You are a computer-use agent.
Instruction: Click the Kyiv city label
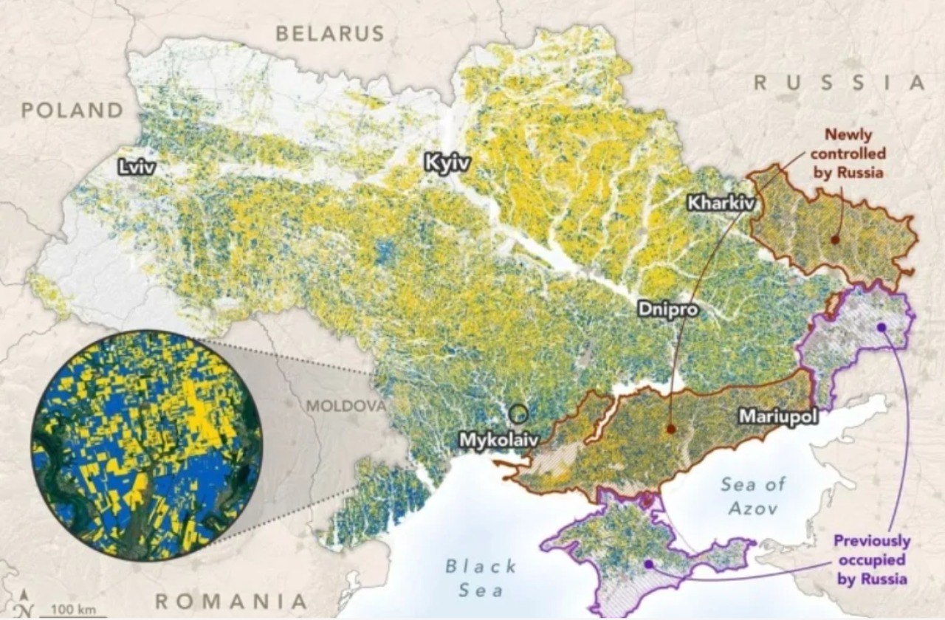[x=447, y=163]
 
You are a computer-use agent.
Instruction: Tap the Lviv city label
[x=137, y=168]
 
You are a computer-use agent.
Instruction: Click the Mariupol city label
[x=778, y=417]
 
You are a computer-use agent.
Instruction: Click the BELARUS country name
[x=330, y=33]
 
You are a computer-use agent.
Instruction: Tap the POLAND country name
[x=72, y=111]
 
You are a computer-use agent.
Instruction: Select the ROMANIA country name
[x=230, y=600]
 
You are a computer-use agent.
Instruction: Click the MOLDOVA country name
[x=346, y=406]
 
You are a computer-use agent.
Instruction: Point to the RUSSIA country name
[x=839, y=83]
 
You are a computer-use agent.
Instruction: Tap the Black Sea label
[x=481, y=578]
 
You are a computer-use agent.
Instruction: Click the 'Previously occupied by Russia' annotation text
[x=872, y=559]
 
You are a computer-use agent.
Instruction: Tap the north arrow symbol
[x=25, y=604]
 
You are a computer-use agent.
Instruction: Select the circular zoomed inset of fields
[x=147, y=446]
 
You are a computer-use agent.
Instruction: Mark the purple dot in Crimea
[x=648, y=564]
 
